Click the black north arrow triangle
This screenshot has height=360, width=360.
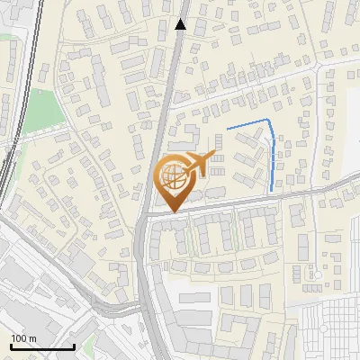tap(180, 24)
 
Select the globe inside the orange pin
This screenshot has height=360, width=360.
tap(173, 175)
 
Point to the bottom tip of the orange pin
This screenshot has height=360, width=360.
tap(173, 212)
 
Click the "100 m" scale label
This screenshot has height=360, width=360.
tap(23, 338)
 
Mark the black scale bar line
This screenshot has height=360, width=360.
tap(42, 346)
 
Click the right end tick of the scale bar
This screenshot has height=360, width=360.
tap(74, 345)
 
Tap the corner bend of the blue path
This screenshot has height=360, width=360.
tap(270, 120)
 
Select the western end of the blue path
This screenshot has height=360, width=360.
tap(228, 130)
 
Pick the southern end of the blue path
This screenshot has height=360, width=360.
tap(273, 190)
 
